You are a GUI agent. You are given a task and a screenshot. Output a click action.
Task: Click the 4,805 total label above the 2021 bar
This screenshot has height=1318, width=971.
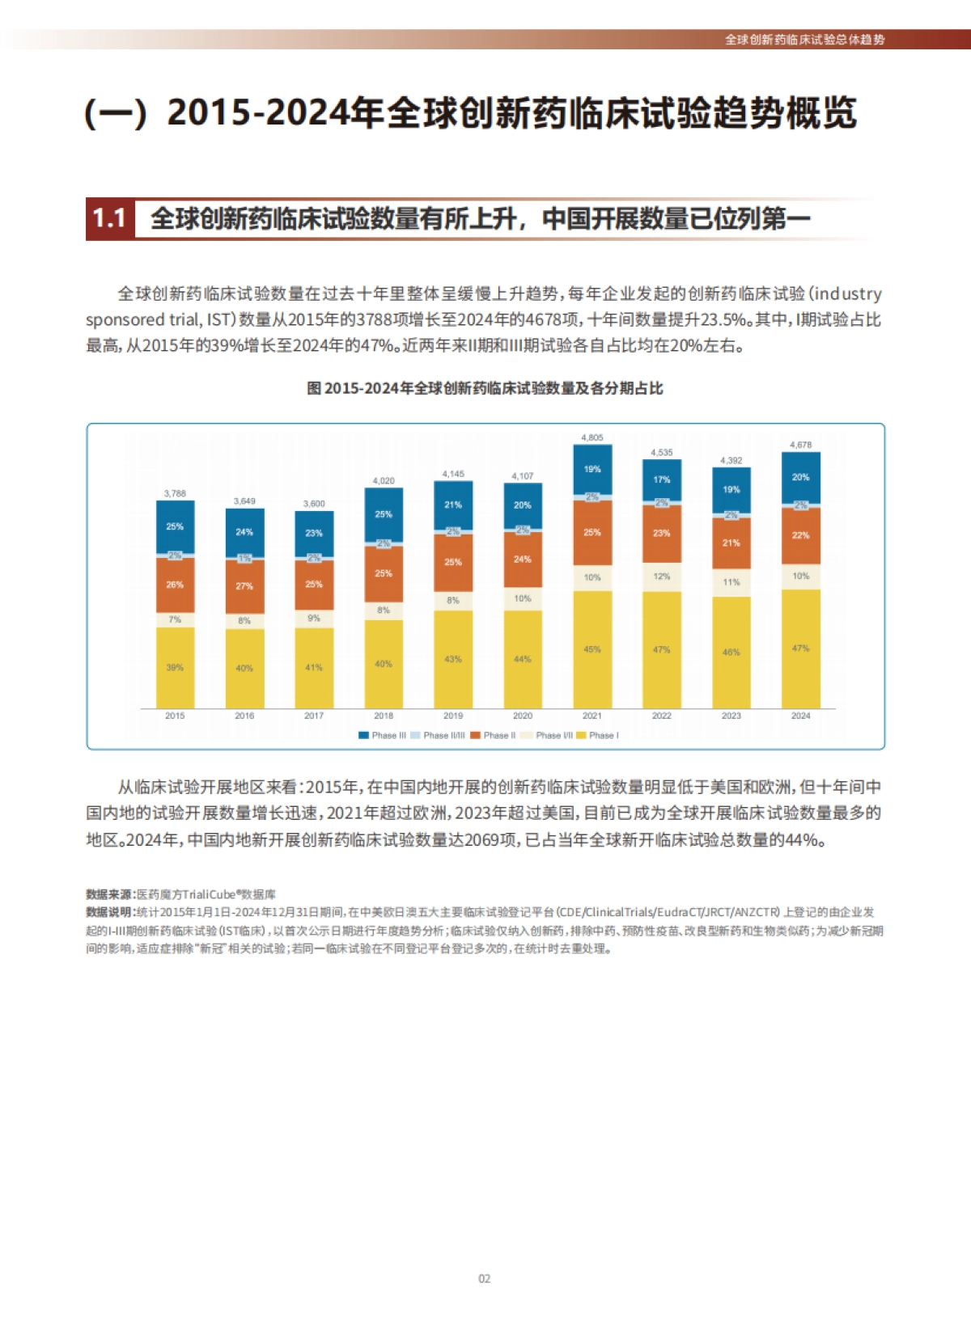tap(592, 437)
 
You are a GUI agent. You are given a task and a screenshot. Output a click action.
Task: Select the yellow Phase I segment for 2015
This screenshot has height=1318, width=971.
tap(175, 668)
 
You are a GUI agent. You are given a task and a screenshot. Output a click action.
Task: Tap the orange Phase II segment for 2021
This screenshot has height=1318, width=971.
tap(592, 533)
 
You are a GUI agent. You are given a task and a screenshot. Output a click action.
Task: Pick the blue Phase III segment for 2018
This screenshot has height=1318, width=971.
tap(384, 514)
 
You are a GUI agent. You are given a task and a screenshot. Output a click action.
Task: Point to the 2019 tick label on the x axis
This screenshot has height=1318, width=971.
tap(453, 716)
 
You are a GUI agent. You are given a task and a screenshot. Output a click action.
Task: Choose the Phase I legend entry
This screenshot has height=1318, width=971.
tap(598, 735)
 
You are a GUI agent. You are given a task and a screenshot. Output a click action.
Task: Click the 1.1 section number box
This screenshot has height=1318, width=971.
tap(110, 219)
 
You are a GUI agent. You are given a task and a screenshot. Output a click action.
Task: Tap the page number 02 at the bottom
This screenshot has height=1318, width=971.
tap(484, 1278)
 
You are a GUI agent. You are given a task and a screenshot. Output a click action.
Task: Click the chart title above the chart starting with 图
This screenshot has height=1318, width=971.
tap(485, 388)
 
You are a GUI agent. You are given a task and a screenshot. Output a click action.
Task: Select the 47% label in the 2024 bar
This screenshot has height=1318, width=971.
tap(800, 648)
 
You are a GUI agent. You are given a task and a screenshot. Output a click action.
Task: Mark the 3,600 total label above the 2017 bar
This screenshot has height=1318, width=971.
tap(314, 504)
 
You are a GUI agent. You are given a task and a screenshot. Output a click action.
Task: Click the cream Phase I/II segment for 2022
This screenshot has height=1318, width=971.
tap(661, 577)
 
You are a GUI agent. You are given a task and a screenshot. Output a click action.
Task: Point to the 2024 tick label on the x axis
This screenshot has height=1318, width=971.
tap(800, 716)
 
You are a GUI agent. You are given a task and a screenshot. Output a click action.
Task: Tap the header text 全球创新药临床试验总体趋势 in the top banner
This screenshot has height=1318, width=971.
tap(804, 40)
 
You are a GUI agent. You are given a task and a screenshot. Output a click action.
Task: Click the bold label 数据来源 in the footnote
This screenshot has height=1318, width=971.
tap(109, 894)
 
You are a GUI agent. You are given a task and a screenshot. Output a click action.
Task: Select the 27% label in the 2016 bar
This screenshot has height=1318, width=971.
tap(244, 586)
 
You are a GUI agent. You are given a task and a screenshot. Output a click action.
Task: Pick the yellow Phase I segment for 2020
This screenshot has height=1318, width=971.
tap(523, 660)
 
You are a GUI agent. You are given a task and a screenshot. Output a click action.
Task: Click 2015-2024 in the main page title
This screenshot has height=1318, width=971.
tap(250, 112)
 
